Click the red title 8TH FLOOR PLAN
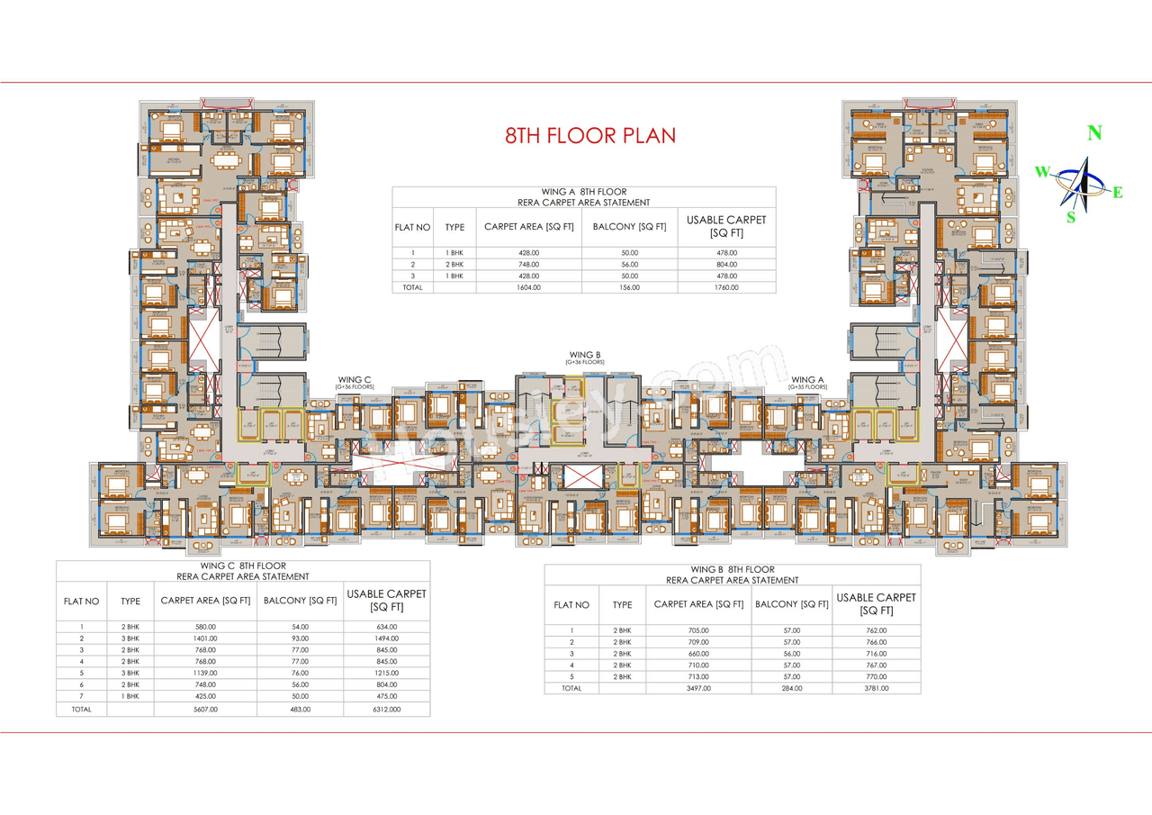click(589, 136)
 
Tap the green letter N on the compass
click(1094, 133)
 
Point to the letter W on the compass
click(1041, 172)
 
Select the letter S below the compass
click(1071, 217)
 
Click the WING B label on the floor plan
click(584, 355)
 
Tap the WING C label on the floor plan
click(355, 380)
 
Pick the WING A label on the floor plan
click(807, 380)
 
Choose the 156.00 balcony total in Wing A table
click(629, 287)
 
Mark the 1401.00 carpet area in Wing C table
click(205, 638)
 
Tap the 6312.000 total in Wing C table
click(387, 710)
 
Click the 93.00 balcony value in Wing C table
click(300, 638)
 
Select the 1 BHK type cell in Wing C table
click(130, 695)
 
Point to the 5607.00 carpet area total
click(205, 710)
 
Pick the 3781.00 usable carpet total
click(876, 688)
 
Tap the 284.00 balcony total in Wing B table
click(790, 688)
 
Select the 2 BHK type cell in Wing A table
click(454, 265)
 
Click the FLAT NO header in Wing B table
click(571, 605)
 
